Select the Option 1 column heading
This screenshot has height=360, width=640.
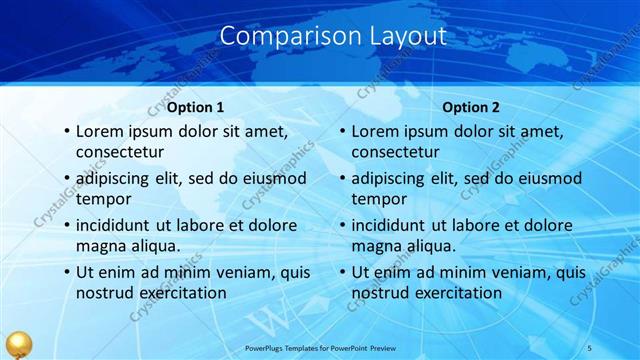(195, 107)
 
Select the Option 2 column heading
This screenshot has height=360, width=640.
(471, 107)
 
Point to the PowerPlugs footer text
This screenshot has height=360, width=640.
(320, 348)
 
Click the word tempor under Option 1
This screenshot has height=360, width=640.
(100, 199)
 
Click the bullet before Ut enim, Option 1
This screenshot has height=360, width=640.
(66, 272)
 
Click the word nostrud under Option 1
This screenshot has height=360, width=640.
(102, 293)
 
